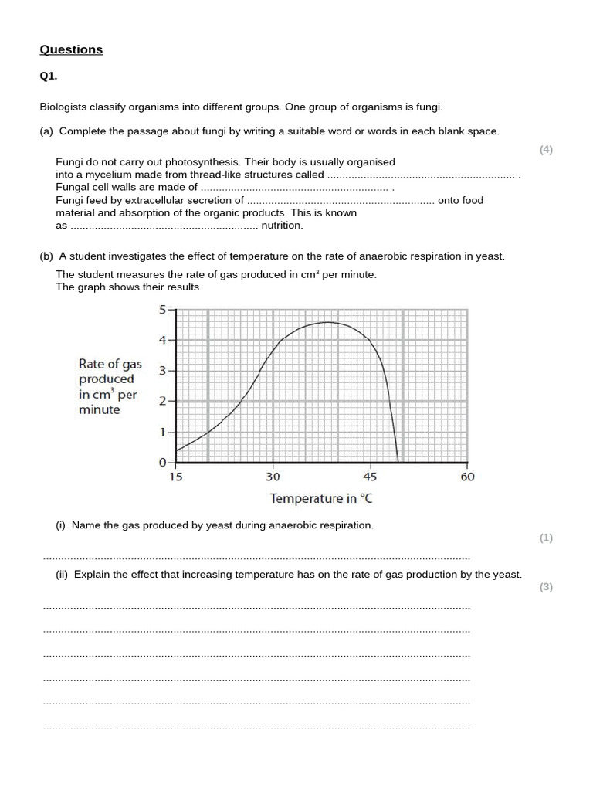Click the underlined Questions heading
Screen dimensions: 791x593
click(x=71, y=49)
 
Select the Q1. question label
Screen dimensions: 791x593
click(x=48, y=76)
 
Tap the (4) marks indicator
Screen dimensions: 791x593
click(x=546, y=150)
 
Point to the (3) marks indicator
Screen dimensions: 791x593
click(x=546, y=587)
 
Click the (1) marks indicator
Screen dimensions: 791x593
click(x=546, y=538)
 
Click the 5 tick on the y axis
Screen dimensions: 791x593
click(x=162, y=310)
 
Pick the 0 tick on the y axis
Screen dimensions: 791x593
click(x=162, y=463)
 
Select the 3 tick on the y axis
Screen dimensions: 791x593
click(x=162, y=371)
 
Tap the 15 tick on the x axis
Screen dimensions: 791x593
click(x=176, y=477)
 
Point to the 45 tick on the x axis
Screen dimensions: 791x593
click(x=370, y=477)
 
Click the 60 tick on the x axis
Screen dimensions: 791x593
click(x=467, y=477)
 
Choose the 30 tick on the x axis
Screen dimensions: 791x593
click(x=273, y=477)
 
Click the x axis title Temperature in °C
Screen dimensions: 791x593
click(x=320, y=498)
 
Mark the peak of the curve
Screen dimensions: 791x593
click(x=327, y=322)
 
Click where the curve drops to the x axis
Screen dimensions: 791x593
click(x=398, y=462)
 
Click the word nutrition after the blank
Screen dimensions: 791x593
click(x=282, y=226)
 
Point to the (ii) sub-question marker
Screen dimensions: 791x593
click(x=62, y=574)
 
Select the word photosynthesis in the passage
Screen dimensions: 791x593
click(x=207, y=161)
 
